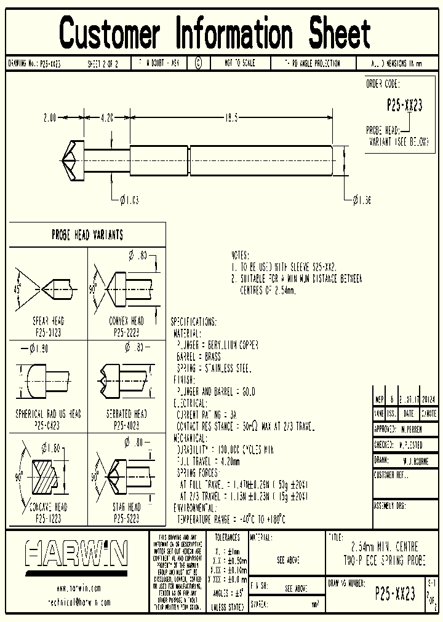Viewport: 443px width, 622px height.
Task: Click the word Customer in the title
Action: pos(110,33)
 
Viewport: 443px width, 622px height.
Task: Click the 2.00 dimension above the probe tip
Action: pos(50,116)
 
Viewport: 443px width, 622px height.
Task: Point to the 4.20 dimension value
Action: pos(106,116)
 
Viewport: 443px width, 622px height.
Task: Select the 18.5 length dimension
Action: pos(231,116)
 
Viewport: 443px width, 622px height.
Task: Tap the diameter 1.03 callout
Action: pos(129,199)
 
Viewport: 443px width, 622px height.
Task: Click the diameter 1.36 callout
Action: pos(362,199)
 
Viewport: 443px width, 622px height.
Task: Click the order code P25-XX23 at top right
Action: pos(404,105)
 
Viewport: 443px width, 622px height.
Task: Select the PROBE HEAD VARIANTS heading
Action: pos(87,235)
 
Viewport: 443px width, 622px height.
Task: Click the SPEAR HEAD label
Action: pos(48,321)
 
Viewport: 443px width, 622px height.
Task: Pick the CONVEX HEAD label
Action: pos(126,321)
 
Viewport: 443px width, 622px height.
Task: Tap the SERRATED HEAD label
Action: pos(126,414)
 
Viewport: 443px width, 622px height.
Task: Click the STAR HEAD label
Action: pos(126,507)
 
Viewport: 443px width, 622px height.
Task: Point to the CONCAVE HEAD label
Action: pos(48,507)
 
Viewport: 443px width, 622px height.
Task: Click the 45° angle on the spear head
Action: pos(18,287)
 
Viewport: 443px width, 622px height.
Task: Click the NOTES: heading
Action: pos(240,254)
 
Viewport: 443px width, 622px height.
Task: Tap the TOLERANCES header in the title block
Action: pos(226,537)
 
